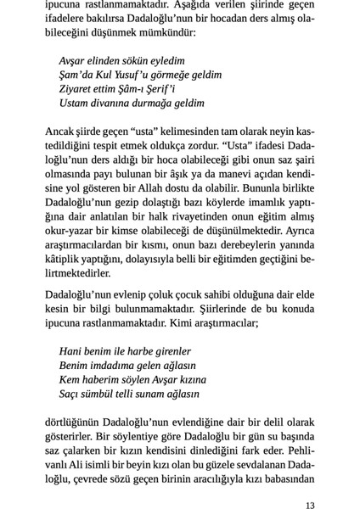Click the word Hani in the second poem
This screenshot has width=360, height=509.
(71, 351)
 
